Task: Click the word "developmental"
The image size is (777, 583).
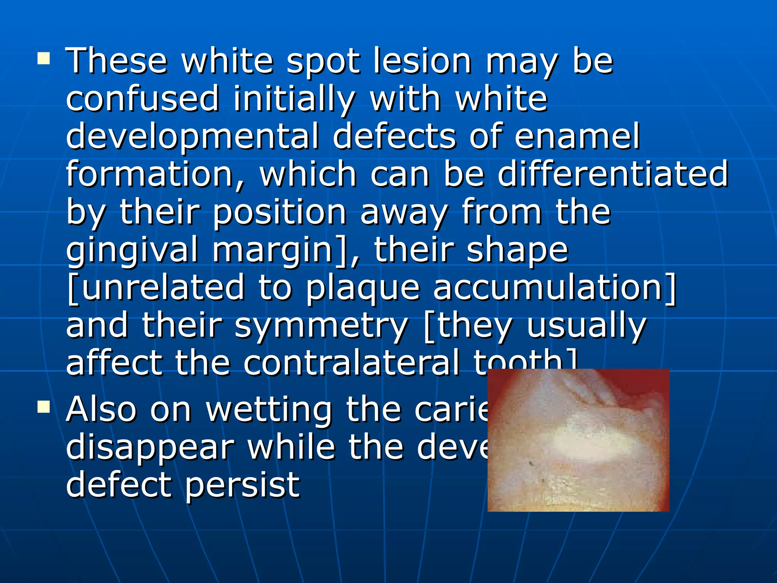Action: coord(192,137)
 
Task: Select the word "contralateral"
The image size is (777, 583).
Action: coord(351,363)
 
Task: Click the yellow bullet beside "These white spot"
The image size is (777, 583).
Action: coord(44,59)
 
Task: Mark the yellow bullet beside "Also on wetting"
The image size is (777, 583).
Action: coord(44,407)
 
